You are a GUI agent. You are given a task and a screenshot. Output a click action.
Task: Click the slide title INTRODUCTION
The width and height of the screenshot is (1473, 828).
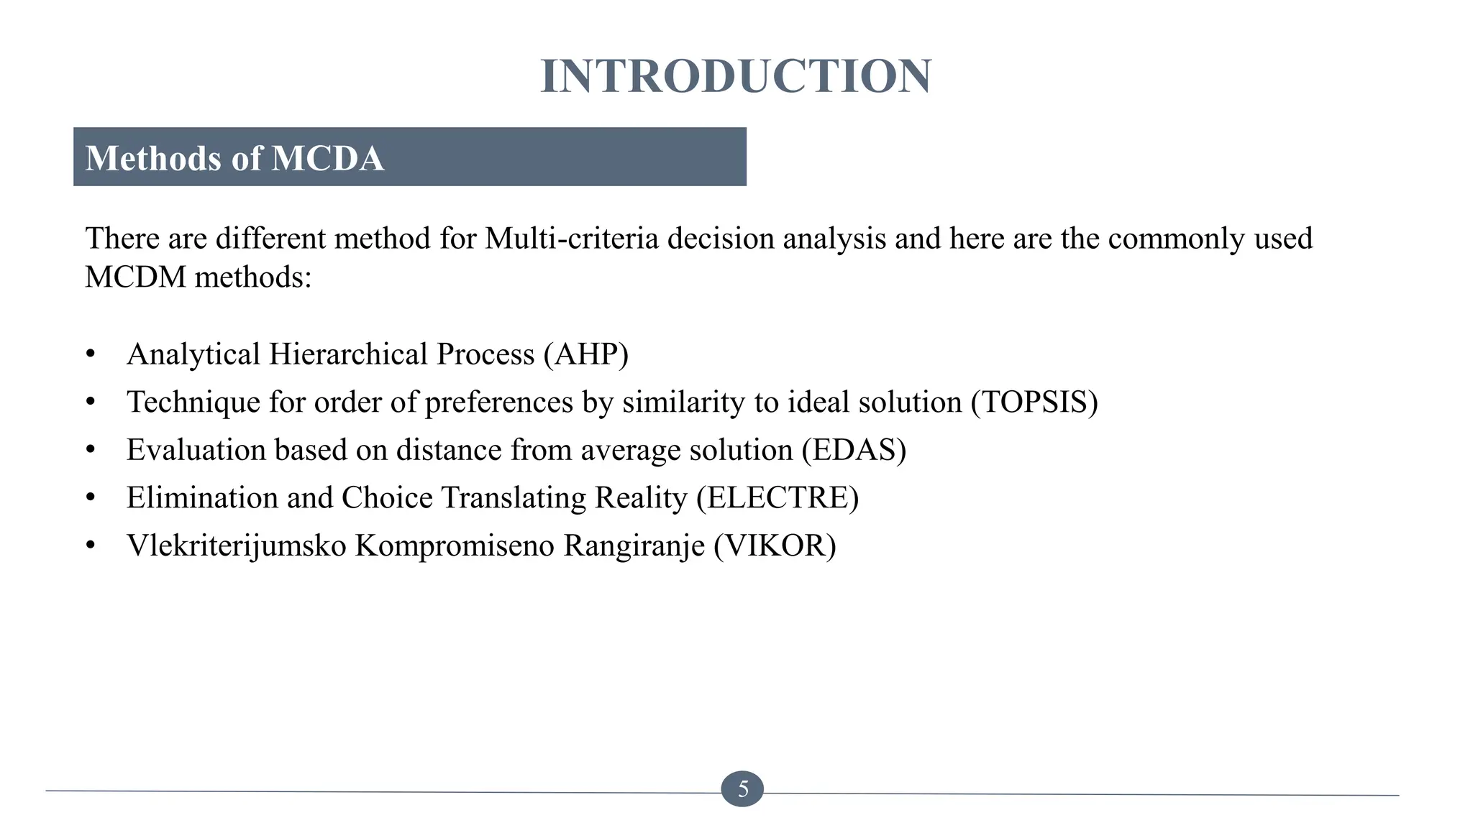[x=736, y=76]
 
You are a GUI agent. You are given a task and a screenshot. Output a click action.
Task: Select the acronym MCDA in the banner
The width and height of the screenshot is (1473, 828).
[x=328, y=158]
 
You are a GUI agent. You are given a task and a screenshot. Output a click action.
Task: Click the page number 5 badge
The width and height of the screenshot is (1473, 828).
[x=742, y=789]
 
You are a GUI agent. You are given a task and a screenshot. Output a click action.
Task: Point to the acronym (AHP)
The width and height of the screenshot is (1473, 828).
[x=586, y=354]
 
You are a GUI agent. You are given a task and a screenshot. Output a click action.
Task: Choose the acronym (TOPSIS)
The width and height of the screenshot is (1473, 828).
[x=1034, y=402]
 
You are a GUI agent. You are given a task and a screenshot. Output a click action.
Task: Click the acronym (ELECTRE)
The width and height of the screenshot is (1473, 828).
[x=777, y=498]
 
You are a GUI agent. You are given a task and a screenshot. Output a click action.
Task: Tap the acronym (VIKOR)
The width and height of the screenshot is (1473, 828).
[x=775, y=546]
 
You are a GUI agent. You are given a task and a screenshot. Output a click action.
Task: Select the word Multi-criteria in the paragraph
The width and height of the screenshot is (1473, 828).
[x=572, y=239]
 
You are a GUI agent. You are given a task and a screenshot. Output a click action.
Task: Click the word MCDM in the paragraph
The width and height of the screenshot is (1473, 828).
[x=136, y=277]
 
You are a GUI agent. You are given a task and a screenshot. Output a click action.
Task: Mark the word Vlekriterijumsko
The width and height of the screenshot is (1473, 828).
[x=237, y=546]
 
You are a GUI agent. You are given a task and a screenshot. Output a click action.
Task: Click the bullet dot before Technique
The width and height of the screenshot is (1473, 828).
[x=90, y=402]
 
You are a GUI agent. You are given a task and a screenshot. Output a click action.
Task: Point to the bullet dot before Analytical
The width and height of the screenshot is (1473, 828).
[x=90, y=354]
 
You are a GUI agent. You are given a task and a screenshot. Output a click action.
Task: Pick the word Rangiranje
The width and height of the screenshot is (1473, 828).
[x=634, y=546]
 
